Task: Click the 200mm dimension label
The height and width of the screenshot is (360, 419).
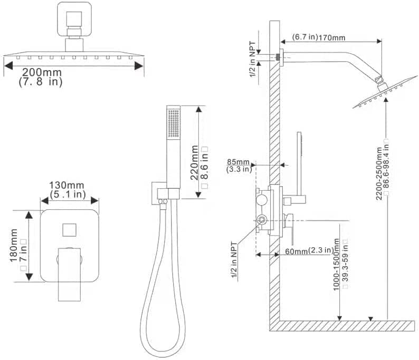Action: pyautogui.click(x=42, y=72)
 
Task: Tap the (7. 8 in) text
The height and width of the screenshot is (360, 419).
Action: pyautogui.click(x=41, y=82)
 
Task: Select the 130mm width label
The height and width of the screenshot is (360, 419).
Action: pyautogui.click(x=66, y=185)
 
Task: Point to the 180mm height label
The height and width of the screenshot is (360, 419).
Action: pyautogui.click(x=14, y=245)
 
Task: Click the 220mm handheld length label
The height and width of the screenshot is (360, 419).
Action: pyautogui.click(x=195, y=163)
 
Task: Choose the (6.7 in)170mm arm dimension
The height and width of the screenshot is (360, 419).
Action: pyautogui.click(x=319, y=37)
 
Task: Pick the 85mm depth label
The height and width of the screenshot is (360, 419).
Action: pyautogui.click(x=238, y=162)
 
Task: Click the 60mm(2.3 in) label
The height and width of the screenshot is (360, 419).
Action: pyautogui.click(x=309, y=251)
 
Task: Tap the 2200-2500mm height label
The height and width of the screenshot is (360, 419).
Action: pyautogui.click(x=379, y=173)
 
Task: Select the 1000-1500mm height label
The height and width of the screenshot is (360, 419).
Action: pyautogui.click(x=336, y=265)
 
